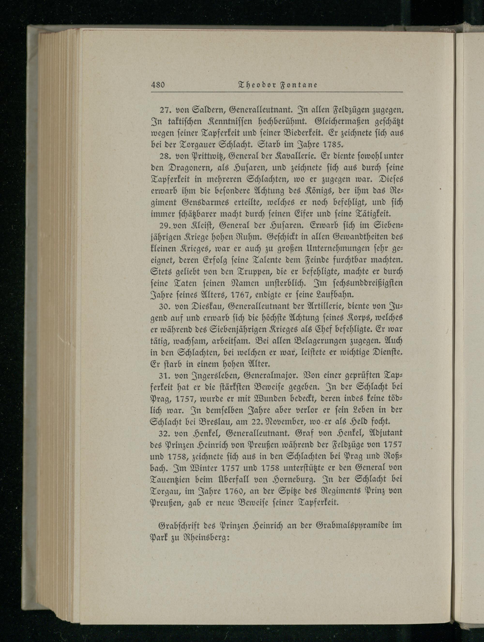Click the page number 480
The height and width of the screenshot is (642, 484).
(158, 85)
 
